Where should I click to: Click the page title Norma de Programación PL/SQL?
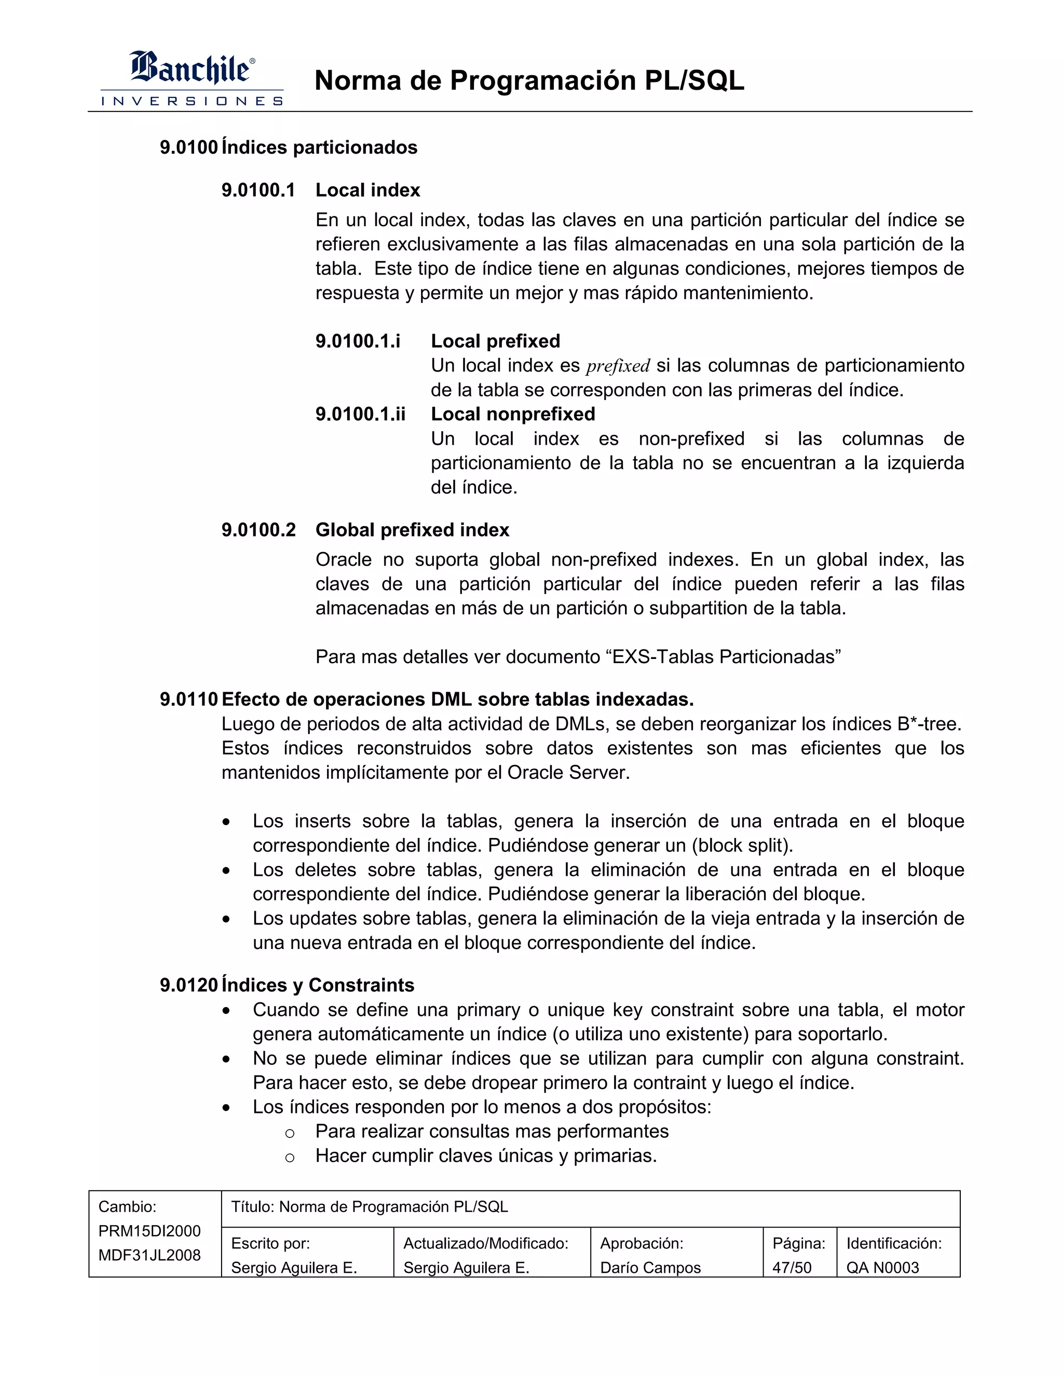coord(529,80)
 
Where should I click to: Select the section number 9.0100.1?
coord(258,190)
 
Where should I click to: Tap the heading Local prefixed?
coord(495,341)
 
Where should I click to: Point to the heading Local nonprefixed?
coord(513,414)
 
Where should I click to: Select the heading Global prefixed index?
coord(412,530)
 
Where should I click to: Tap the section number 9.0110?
coord(188,699)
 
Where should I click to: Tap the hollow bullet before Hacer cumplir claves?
coord(290,1158)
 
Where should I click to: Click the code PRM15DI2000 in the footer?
coord(149,1231)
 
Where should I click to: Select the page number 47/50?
coord(792,1268)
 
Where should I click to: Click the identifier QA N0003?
coord(882,1268)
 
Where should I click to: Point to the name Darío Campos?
coord(650,1268)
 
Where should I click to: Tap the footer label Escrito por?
coord(270,1243)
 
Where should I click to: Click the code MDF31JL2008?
coord(149,1255)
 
